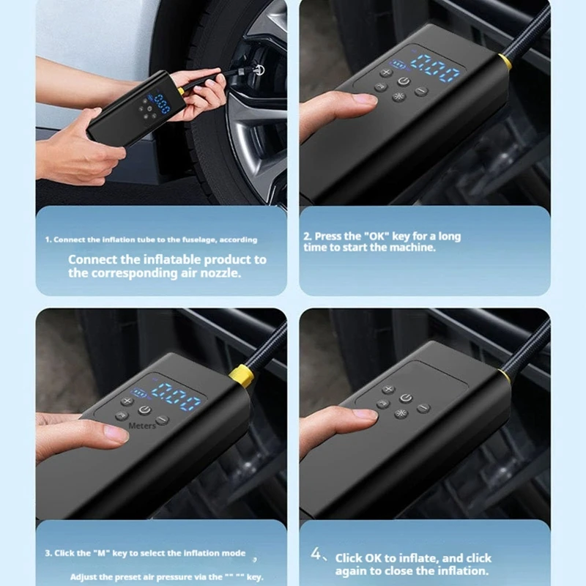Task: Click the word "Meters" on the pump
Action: pyautogui.click(x=142, y=426)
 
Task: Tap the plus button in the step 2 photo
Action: pyautogui.click(x=386, y=73)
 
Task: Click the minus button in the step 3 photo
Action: pyautogui.click(x=162, y=420)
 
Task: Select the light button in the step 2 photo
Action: pyautogui.click(x=398, y=97)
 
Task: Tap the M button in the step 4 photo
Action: pyautogui.click(x=383, y=404)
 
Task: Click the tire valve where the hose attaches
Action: pyautogui.click(x=258, y=70)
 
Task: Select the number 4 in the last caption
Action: pyautogui.click(x=316, y=554)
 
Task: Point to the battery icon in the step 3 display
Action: pyautogui.click(x=139, y=393)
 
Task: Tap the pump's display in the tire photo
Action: pyautogui.click(x=162, y=103)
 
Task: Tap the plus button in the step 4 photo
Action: pyautogui.click(x=389, y=390)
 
